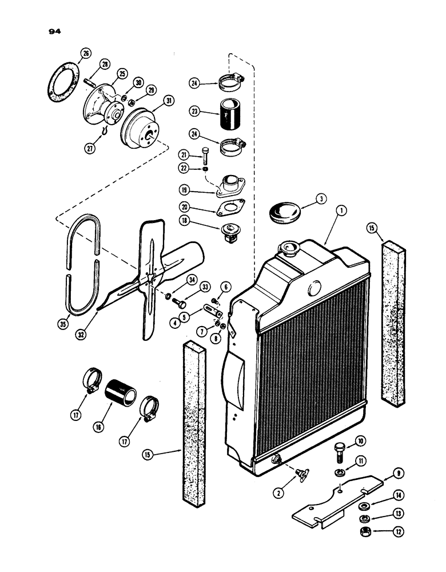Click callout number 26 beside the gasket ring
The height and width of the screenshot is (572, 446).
[85, 54]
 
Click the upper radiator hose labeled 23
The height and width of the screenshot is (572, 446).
[229, 115]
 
